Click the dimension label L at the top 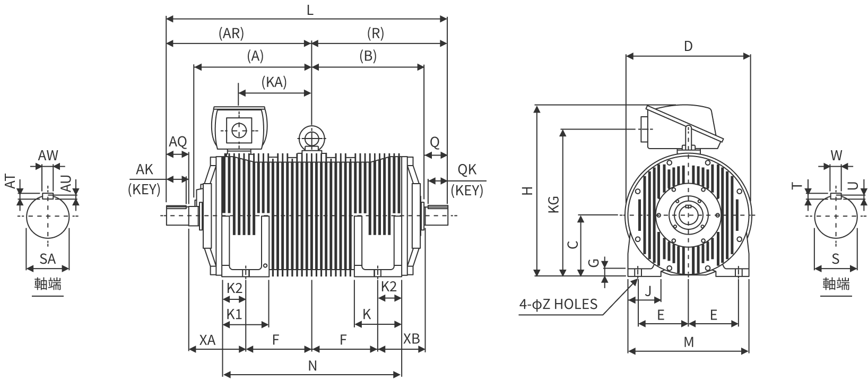[x=310, y=10]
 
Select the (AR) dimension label [x=231, y=33]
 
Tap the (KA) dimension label [x=274, y=82]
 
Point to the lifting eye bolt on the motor [x=311, y=138]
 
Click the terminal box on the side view [x=239, y=128]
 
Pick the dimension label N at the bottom [x=313, y=365]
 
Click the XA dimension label [x=207, y=340]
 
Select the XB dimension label [x=412, y=339]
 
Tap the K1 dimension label [x=234, y=314]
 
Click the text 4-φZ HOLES [x=558, y=304]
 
